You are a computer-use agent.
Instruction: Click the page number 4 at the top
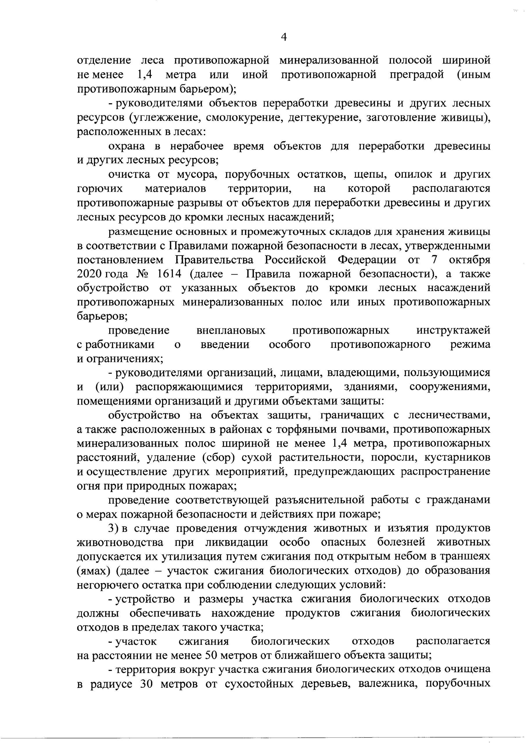pyautogui.click(x=283, y=37)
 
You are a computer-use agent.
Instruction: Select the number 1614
pyautogui.click(x=169, y=274)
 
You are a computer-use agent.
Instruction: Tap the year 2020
pyautogui.click(x=89, y=274)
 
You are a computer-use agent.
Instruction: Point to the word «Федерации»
pyautogui.click(x=367, y=259)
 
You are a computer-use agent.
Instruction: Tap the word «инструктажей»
pyautogui.click(x=453, y=330)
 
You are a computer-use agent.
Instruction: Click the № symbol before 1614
pyautogui.click(x=143, y=274)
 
